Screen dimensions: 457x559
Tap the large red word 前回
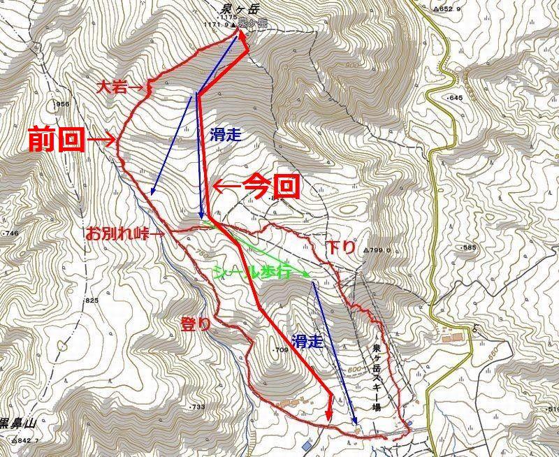pyautogui.click(x=55, y=140)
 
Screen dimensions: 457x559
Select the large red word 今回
pyautogui.click(x=271, y=187)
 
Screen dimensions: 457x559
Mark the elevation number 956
pyautogui.click(x=63, y=104)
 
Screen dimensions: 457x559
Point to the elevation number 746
pyautogui.click(x=10, y=233)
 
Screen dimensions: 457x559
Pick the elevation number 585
pyautogui.click(x=468, y=248)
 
